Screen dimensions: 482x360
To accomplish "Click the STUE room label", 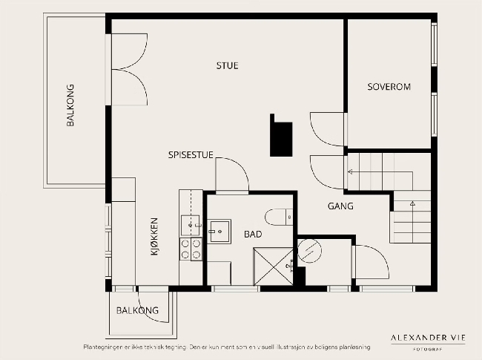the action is point(227,65).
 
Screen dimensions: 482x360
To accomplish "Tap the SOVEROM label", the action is point(389,87).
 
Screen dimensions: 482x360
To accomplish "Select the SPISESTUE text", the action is point(191,155).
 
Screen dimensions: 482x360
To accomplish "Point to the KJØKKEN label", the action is point(154,237).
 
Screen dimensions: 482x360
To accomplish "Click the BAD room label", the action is point(253,234).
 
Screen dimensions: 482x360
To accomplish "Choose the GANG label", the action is point(340,206).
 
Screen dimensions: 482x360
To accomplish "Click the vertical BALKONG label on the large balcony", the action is point(70,105).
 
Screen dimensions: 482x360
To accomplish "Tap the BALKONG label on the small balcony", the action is point(137,310).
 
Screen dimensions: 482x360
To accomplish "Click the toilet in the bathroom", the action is point(279,217).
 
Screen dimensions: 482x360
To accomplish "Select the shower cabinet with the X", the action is point(273,266).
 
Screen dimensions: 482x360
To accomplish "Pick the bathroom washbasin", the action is point(219,232).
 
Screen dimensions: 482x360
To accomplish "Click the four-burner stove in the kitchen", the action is point(191,249).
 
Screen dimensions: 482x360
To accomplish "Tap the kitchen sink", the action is point(191,226).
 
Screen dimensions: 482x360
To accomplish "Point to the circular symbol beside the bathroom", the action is point(309,251).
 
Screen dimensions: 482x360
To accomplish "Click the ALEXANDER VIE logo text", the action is point(428,338).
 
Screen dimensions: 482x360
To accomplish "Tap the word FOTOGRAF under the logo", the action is point(428,349).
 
